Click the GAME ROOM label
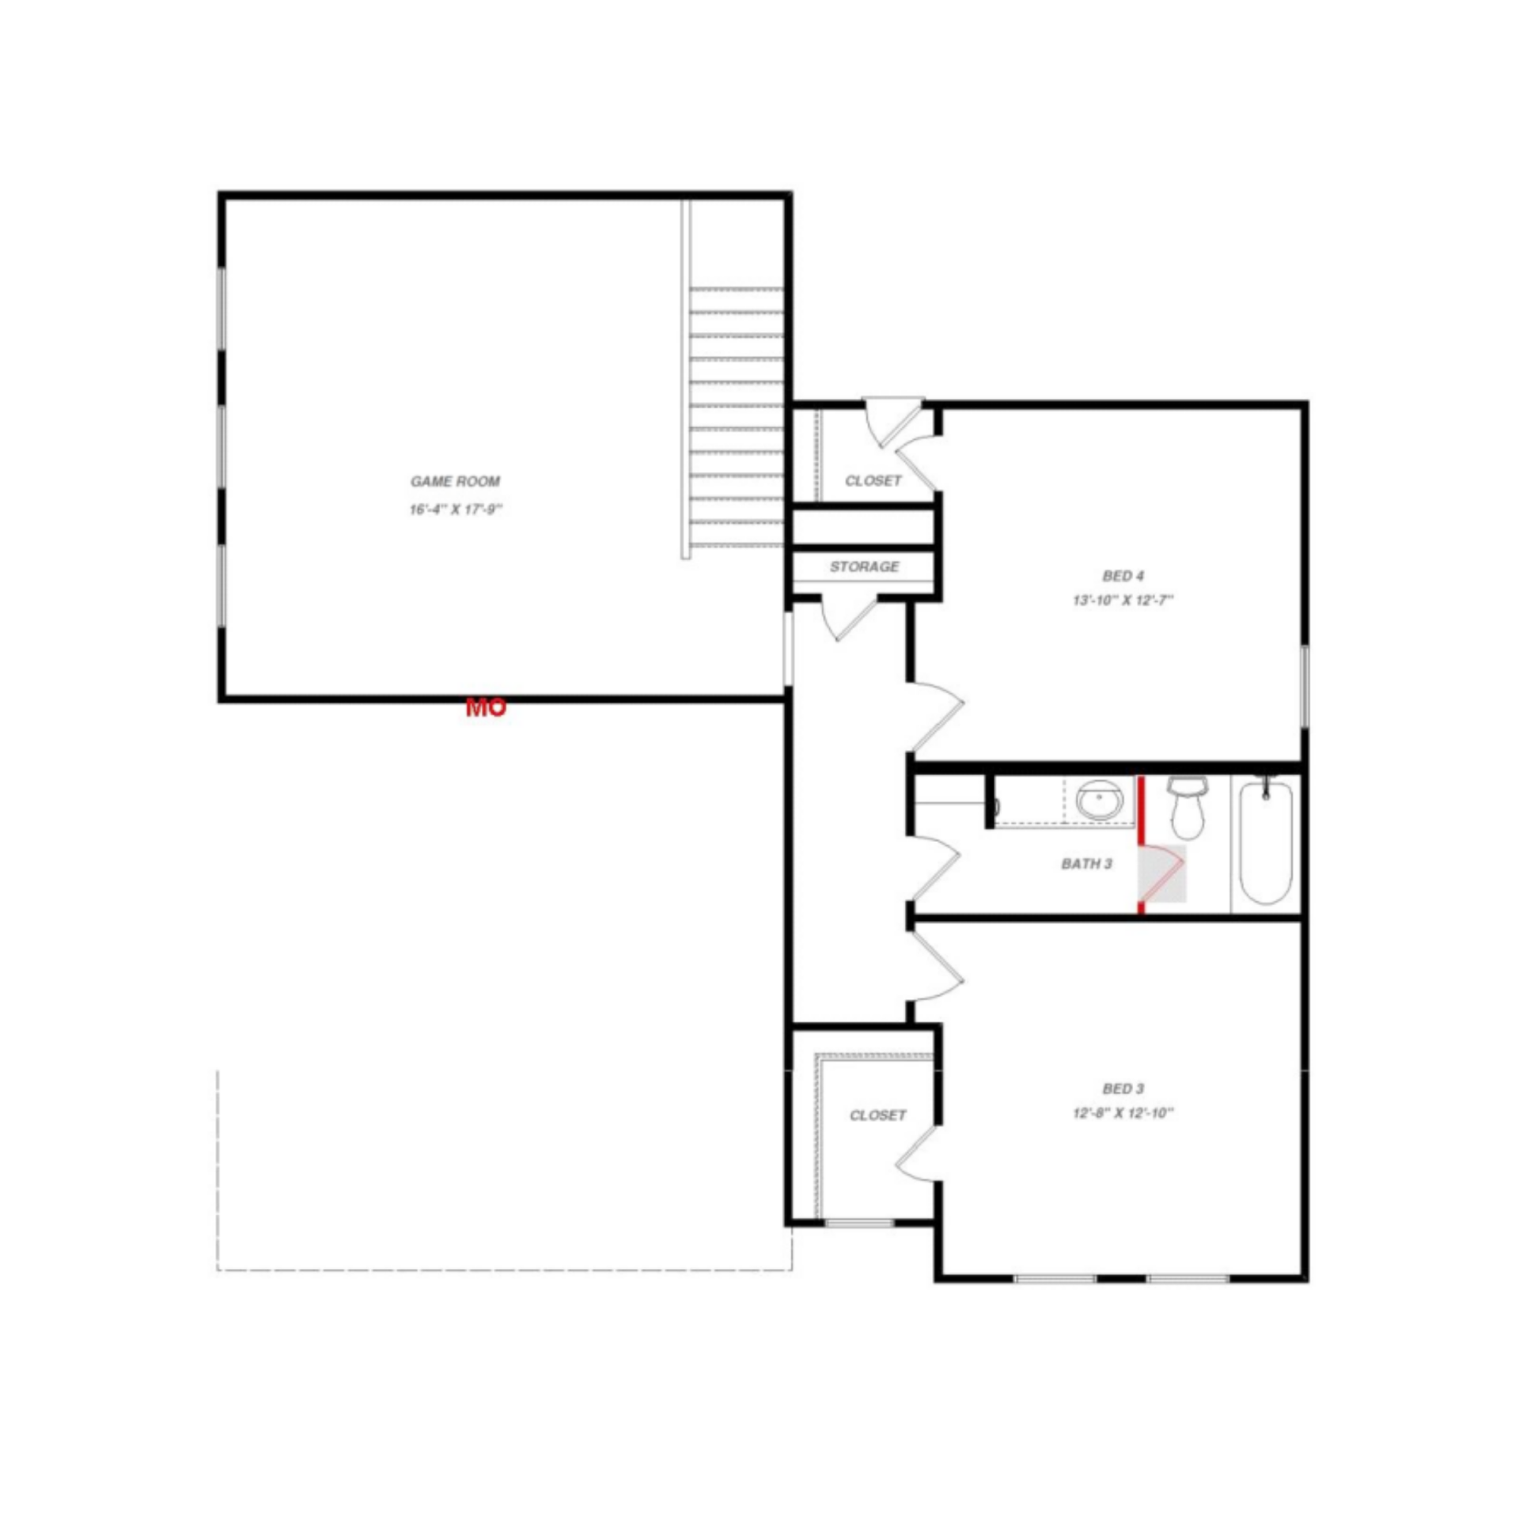coord(455,481)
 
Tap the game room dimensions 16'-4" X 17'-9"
coord(456,509)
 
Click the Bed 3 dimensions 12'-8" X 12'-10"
coord(1123,1113)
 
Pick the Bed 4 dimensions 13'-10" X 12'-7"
coord(1123,600)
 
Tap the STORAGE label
coord(864,566)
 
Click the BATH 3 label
coord(1086,864)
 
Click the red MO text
coord(485,708)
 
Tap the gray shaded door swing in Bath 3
coord(1162,873)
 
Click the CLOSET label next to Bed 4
coord(873,481)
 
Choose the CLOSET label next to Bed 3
coord(877,1116)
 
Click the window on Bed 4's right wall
coord(1305,686)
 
